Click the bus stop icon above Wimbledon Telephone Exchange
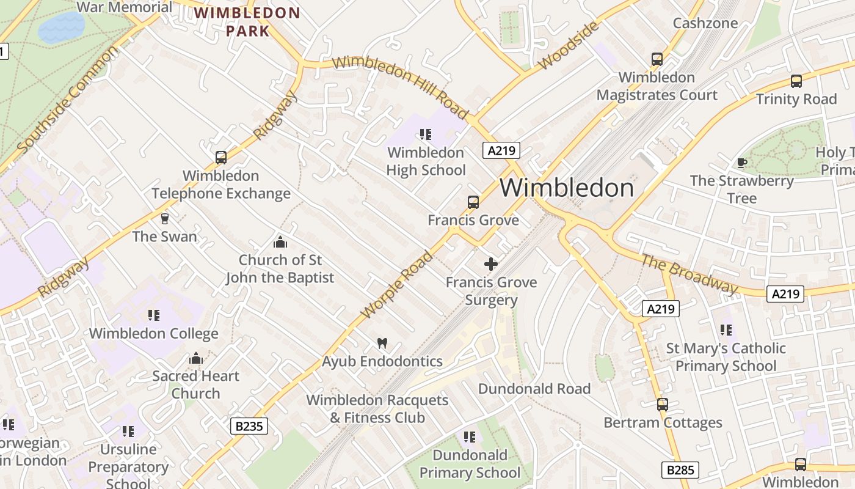[221, 158]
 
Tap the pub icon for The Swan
[164, 218]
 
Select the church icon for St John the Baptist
[280, 242]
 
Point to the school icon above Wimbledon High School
[426, 134]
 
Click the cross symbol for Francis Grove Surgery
[491, 264]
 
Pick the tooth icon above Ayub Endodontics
[382, 344]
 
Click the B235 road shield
[249, 426]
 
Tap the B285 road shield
[680, 470]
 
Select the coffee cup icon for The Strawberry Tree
[741, 163]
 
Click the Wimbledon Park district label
[247, 21]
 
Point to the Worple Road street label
[397, 285]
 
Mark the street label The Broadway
[689, 273]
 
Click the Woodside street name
[568, 46]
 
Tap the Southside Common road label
[67, 100]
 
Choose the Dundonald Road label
[534, 389]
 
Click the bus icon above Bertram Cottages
[663, 405]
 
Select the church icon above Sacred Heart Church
[196, 358]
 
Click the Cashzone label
[705, 23]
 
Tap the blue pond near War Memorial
[61, 28]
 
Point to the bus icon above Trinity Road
[796, 81]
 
